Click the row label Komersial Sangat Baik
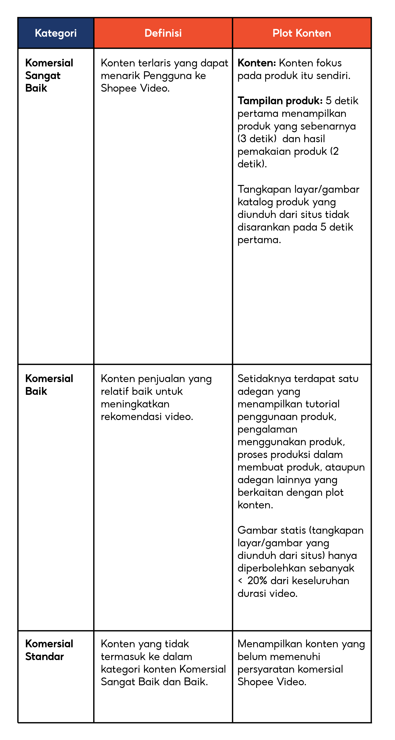coord(49,75)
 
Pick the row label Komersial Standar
coord(49,650)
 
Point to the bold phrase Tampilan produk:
coord(280,101)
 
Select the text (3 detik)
coord(257,139)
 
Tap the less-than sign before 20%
coord(240,581)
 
